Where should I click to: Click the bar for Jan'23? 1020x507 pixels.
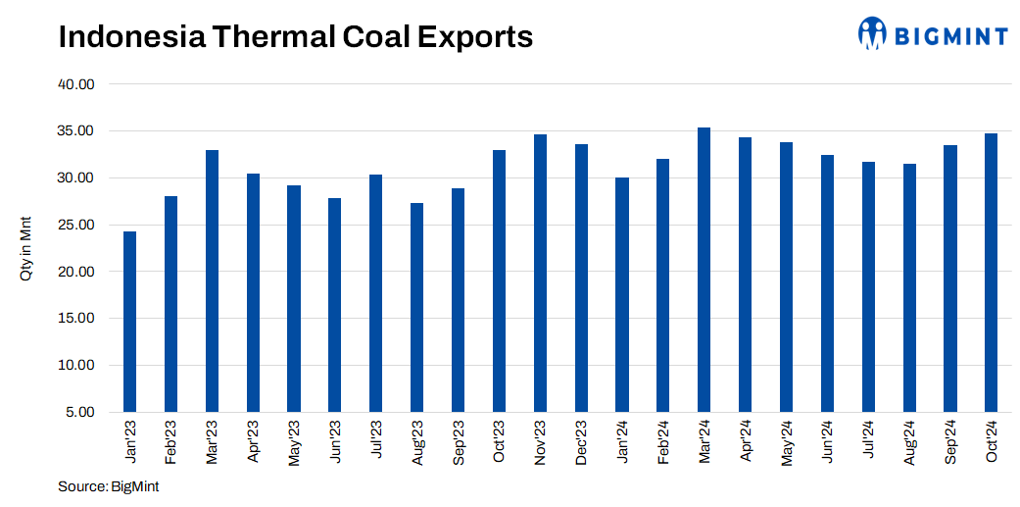129,322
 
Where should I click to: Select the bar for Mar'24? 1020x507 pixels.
704,270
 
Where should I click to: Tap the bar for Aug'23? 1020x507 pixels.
416,307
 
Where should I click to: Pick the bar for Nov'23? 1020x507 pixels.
540,273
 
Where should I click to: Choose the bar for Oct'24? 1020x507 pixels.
991,273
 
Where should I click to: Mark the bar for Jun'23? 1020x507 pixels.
334,305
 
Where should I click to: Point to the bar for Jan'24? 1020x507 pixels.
621,294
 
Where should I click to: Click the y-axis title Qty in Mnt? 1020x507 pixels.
26,248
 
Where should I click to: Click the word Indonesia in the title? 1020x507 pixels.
119,36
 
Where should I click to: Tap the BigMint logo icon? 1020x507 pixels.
872,33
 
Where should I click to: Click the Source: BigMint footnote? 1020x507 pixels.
108,486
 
